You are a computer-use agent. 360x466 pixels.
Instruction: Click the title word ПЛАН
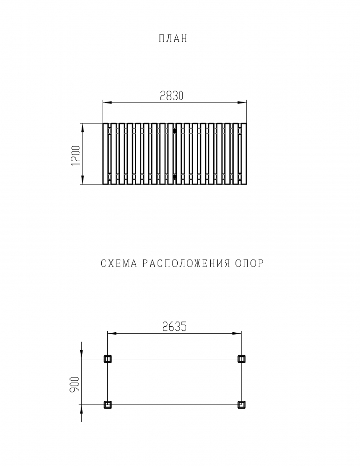coord(173,39)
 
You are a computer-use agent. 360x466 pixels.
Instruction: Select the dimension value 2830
coord(172,96)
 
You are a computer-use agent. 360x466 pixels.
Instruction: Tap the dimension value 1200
coord(76,156)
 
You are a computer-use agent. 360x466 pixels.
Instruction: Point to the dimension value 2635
coord(174,327)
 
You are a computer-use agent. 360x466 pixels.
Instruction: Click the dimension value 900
coord(75,384)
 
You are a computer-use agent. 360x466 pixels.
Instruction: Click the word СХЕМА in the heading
coord(119,263)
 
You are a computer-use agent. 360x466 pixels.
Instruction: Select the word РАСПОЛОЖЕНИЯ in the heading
coord(186,263)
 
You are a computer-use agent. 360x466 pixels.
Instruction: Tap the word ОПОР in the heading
coord(249,263)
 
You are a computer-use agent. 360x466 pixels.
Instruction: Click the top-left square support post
coord(108,359)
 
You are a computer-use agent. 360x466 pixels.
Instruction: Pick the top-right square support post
coord(242,359)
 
